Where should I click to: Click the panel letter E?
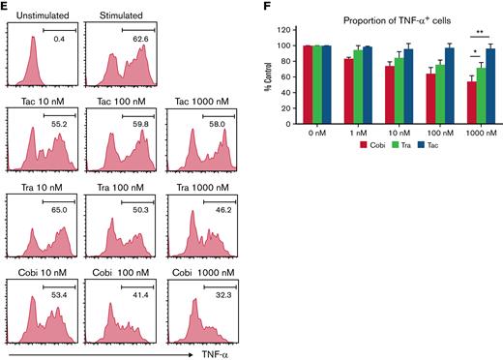point(5,6)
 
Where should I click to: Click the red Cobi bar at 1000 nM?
point(471,100)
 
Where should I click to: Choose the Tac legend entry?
point(441,143)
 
